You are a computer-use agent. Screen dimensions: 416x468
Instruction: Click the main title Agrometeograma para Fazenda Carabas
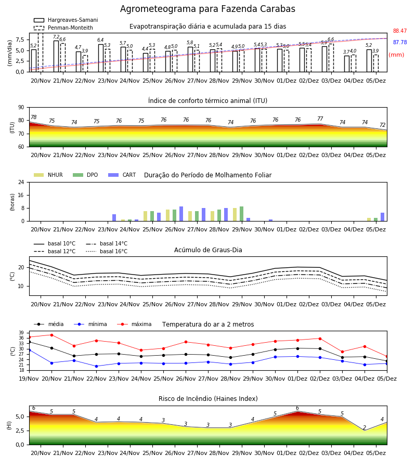207,9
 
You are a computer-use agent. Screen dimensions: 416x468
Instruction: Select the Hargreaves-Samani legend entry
66,20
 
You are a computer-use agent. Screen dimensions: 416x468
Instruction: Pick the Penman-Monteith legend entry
63,28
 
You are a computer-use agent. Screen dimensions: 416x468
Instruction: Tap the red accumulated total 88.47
400,31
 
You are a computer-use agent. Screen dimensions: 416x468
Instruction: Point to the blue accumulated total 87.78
400,43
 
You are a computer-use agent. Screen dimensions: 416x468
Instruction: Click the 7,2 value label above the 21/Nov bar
56,37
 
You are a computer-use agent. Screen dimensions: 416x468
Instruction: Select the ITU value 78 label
34,117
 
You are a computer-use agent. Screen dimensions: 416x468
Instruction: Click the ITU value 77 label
320,119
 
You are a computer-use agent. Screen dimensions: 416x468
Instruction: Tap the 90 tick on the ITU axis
21,108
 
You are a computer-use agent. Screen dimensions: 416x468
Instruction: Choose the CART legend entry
122,175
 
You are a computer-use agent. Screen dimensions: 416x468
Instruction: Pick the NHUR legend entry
48,175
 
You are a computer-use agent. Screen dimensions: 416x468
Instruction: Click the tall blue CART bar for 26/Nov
181,214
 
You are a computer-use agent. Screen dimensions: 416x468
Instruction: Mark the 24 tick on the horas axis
21,182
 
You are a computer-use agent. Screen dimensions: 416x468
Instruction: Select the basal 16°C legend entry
107,251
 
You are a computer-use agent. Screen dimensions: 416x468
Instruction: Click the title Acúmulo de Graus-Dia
208,250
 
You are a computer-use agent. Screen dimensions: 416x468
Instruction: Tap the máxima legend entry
134,324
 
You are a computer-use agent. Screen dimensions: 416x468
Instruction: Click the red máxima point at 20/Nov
51,335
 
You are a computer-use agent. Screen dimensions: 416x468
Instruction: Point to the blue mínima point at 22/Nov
96,366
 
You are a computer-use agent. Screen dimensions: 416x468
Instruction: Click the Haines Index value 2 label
365,427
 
